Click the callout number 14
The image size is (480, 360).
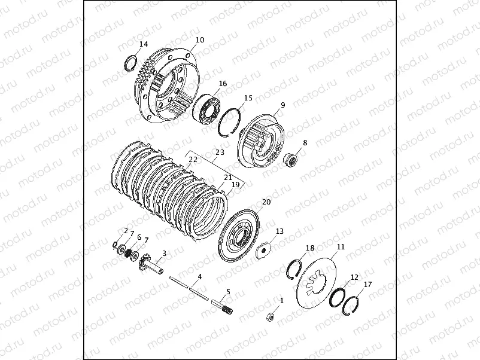144,44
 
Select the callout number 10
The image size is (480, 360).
200,39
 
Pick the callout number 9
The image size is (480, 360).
283,105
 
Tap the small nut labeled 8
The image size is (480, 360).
289,159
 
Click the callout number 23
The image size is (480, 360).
220,152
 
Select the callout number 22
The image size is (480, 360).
193,159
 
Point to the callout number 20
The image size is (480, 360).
266,202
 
